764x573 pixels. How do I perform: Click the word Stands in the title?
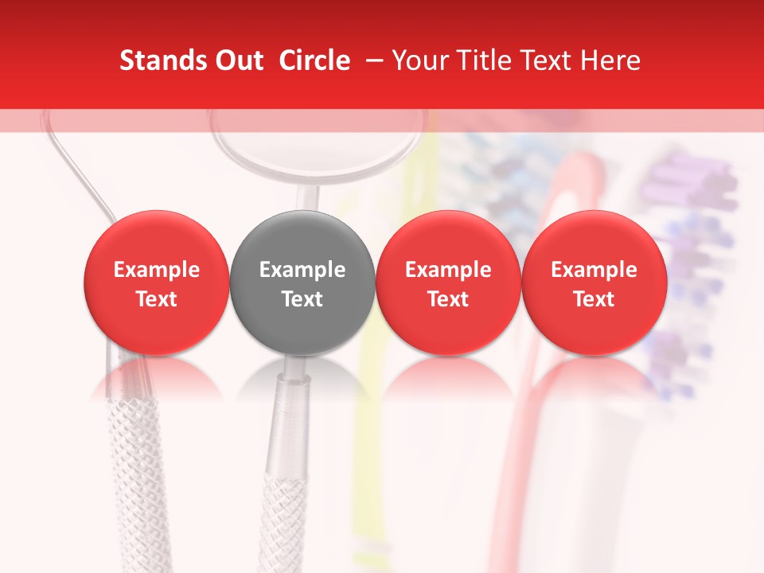(162, 60)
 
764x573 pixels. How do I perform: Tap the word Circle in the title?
(314, 60)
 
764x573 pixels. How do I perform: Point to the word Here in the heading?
(612, 60)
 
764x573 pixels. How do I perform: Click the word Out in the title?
(237, 60)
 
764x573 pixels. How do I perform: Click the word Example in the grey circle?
(302, 270)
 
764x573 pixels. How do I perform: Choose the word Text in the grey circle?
(302, 299)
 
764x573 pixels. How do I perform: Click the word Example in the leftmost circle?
(156, 270)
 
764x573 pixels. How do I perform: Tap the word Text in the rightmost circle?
(594, 299)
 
